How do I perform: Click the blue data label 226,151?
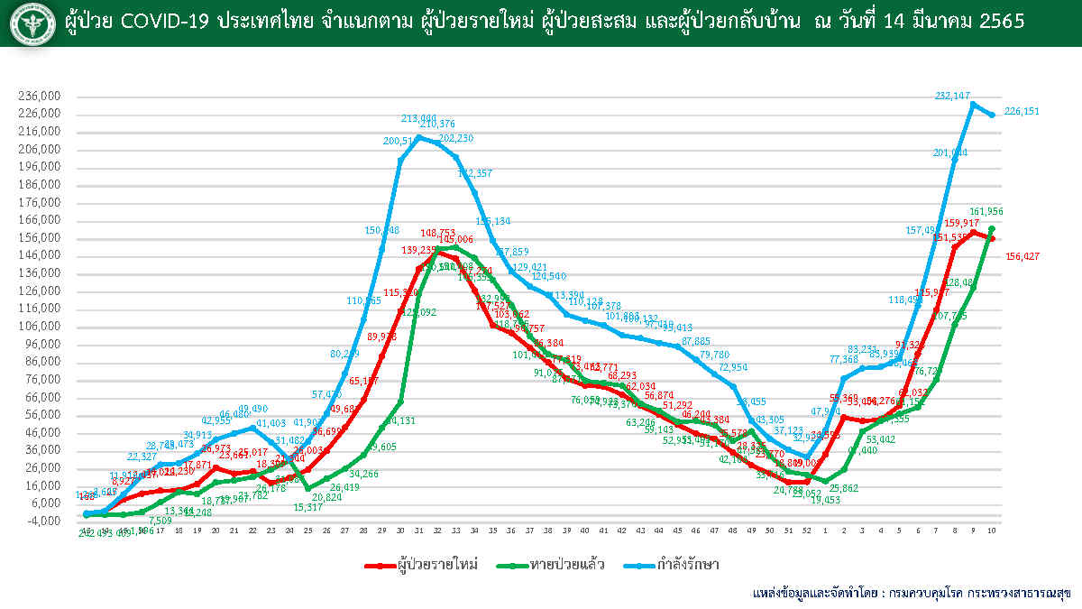pos(1022,112)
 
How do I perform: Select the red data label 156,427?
pos(1022,256)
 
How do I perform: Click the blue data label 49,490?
pos(253,409)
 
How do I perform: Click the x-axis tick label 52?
pos(805,531)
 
